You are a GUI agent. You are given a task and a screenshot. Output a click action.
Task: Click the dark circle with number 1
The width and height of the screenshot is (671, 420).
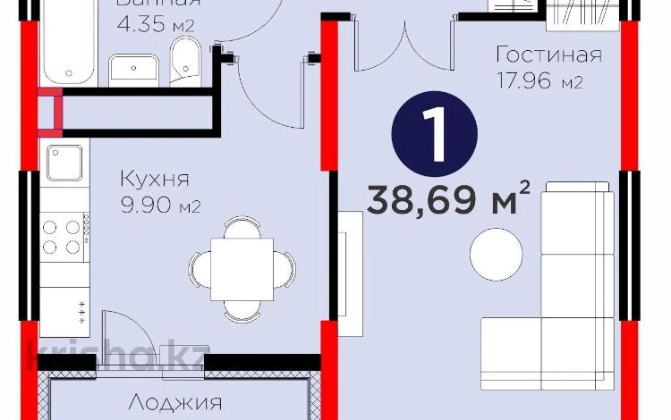pos(435,133)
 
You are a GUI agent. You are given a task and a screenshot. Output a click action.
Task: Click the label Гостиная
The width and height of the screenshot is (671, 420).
pos(548,55)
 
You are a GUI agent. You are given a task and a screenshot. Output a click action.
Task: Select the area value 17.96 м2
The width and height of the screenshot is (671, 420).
pos(540,83)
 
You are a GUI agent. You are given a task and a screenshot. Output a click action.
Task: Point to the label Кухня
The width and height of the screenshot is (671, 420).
pos(154,179)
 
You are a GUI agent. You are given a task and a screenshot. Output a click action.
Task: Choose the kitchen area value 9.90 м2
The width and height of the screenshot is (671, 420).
pos(159,206)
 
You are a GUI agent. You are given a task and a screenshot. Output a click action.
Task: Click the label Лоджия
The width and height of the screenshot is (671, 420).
pos(174,404)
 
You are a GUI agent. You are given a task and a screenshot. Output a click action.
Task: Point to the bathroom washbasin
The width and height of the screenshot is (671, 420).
pos(135,68)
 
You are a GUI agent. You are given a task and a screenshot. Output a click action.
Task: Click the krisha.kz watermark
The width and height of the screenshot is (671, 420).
pos(117,355)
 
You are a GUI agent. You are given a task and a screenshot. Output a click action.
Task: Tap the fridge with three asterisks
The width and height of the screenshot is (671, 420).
pos(65,312)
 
